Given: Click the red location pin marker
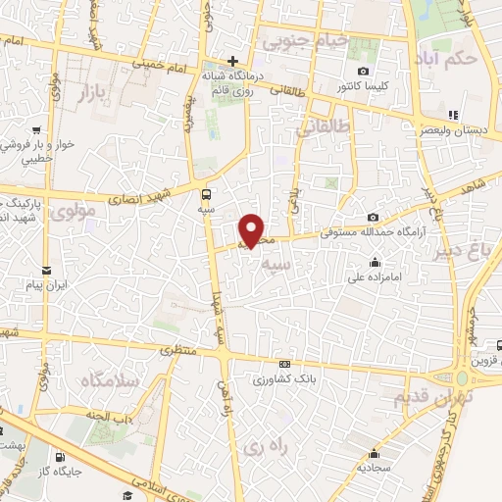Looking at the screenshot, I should [x=252, y=229].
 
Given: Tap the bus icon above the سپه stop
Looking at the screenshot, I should [x=206, y=192].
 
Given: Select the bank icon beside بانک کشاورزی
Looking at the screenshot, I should [x=284, y=363].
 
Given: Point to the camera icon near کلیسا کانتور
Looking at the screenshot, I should [x=364, y=71].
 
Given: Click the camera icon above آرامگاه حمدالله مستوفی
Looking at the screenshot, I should [x=373, y=217].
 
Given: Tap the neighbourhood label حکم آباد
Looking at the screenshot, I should [x=447, y=57].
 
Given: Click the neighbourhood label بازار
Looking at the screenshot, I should [x=99, y=92].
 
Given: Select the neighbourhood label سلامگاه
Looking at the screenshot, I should [x=111, y=379].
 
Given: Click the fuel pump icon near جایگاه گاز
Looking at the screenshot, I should [x=61, y=457].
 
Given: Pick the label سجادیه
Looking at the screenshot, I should [x=375, y=469].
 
